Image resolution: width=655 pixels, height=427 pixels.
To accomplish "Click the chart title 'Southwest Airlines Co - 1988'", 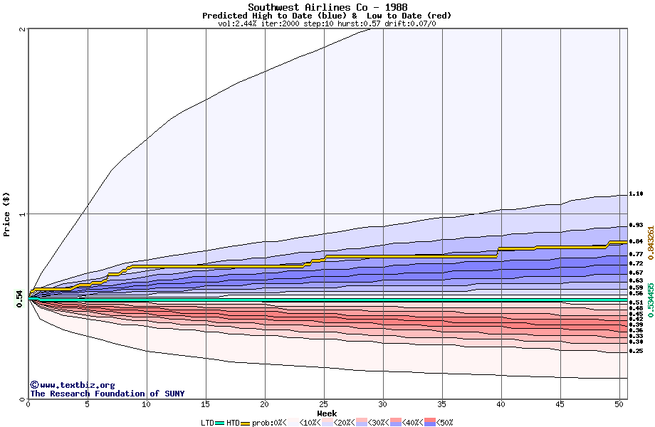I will [x=327, y=7].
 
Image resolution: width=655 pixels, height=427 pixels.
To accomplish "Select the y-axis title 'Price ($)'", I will [x=7, y=214].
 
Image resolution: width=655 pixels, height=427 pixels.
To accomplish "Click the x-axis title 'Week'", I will [x=327, y=413].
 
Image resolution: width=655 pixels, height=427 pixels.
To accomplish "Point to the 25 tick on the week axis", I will [x=324, y=404].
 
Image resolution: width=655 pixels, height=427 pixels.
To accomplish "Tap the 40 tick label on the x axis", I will [x=501, y=404].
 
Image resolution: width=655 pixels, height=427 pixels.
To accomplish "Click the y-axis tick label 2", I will [x=23, y=29].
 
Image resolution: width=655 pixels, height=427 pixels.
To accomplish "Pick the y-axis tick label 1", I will [x=23, y=214].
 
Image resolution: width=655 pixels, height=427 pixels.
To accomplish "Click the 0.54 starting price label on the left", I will [x=19, y=300].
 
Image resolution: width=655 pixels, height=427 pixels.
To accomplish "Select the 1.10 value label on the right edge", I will [x=636, y=194].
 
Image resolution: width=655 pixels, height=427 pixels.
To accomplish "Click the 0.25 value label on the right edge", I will [x=636, y=351].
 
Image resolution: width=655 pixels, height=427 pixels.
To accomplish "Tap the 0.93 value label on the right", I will [x=636, y=225].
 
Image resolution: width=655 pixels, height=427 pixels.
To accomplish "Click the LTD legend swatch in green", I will [x=220, y=423].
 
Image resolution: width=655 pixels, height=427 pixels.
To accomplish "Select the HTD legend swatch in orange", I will [x=246, y=423].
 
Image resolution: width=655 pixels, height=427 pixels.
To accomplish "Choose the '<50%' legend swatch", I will [x=430, y=423].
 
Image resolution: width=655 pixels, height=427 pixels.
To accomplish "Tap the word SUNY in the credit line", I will [x=174, y=394].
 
